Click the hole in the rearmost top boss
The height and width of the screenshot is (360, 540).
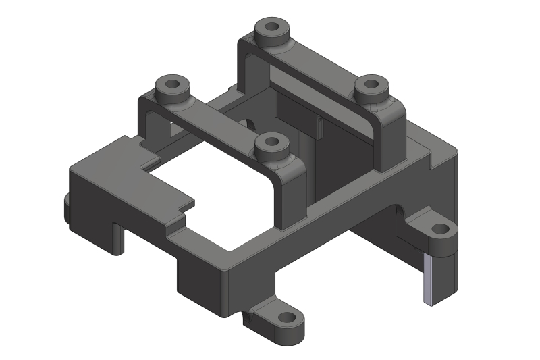[x=272, y=29]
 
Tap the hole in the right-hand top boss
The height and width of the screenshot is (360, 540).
[x=371, y=86]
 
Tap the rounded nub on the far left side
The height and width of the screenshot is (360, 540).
[x=66, y=207]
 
